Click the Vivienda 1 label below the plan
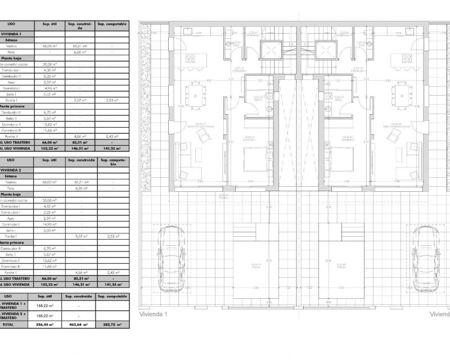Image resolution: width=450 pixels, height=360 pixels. (x=153, y=314)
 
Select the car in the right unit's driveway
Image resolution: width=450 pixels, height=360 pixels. (x=426, y=259)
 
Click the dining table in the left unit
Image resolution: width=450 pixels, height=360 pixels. (x=195, y=95)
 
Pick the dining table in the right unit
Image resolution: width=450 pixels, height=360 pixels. (x=402, y=95)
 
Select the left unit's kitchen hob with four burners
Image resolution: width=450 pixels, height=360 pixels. (x=190, y=58)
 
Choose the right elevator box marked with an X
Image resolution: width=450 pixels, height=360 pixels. (x=326, y=50)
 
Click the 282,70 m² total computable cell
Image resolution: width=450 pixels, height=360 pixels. (x=112, y=325)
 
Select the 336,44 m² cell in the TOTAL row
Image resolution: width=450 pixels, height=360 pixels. (x=45, y=325)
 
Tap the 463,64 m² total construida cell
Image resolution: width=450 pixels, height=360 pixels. (x=78, y=325)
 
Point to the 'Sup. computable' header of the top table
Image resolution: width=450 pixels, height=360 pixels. (x=111, y=25)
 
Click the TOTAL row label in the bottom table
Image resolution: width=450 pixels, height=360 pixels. (x=8, y=325)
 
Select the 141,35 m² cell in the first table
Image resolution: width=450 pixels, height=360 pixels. (x=111, y=149)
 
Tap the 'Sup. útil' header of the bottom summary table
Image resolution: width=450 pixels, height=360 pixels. (x=45, y=296)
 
